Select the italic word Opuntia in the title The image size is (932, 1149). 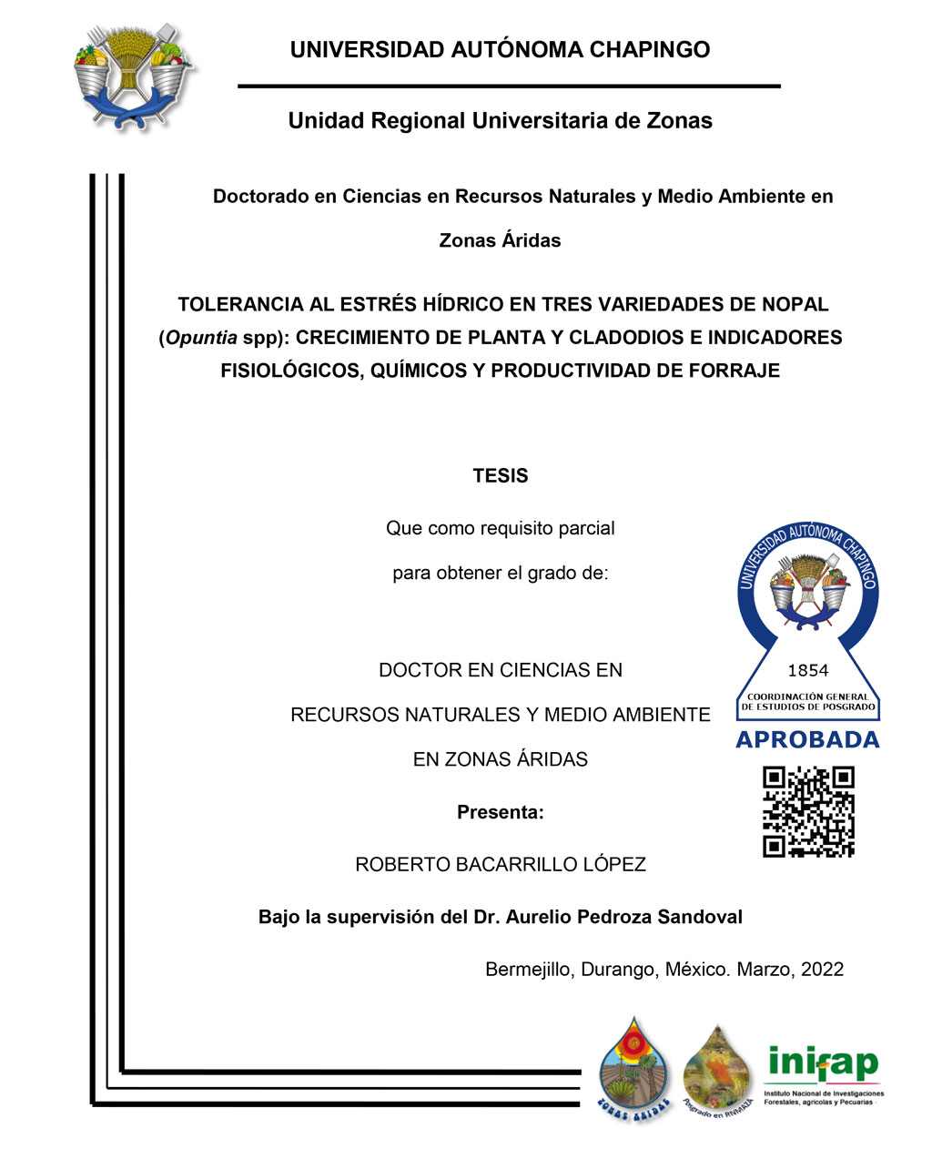pyautogui.click(x=201, y=338)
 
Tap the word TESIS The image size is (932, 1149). pyautogui.click(x=500, y=476)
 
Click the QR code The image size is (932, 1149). pyautogui.click(x=808, y=812)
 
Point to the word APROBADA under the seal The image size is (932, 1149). pyautogui.click(x=807, y=740)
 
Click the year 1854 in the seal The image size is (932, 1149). pyautogui.click(x=807, y=671)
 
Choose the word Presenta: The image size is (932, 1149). pyautogui.click(x=500, y=812)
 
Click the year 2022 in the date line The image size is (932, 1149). pyautogui.click(x=822, y=970)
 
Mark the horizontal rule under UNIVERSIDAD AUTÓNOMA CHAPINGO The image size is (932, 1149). pyautogui.click(x=509, y=86)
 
